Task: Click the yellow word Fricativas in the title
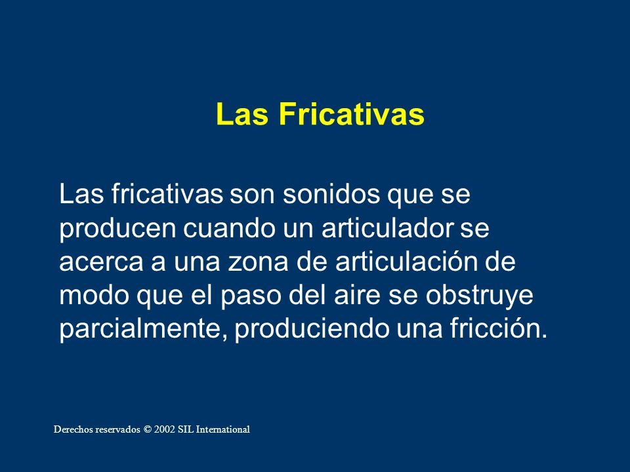352,114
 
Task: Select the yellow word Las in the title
242,114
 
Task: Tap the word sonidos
331,194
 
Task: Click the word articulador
388,228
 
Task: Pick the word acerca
101,262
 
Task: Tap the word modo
94,296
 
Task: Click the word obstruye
479,298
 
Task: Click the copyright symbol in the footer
148,429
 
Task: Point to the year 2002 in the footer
165,429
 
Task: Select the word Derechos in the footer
71,429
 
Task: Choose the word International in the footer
223,429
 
